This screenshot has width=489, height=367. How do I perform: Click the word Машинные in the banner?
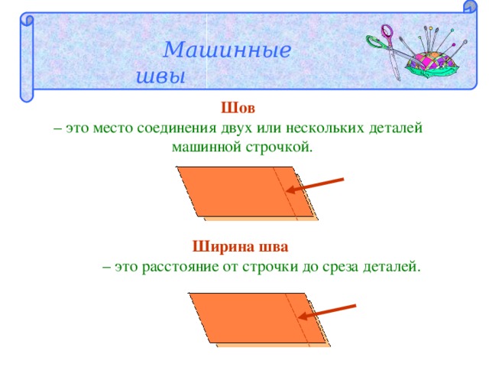(227, 50)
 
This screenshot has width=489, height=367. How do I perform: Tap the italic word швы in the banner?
(160, 76)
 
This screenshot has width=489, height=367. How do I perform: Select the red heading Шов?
(238, 108)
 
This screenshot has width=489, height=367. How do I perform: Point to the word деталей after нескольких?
(396, 128)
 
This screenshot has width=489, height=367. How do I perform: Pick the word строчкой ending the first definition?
(279, 147)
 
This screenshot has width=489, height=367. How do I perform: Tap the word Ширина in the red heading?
(224, 247)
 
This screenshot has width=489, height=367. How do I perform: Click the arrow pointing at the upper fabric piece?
(315, 185)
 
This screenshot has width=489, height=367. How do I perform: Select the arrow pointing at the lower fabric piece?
(327, 312)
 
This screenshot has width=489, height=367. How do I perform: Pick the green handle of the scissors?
(376, 44)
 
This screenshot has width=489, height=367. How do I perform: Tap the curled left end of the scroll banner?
(27, 58)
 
